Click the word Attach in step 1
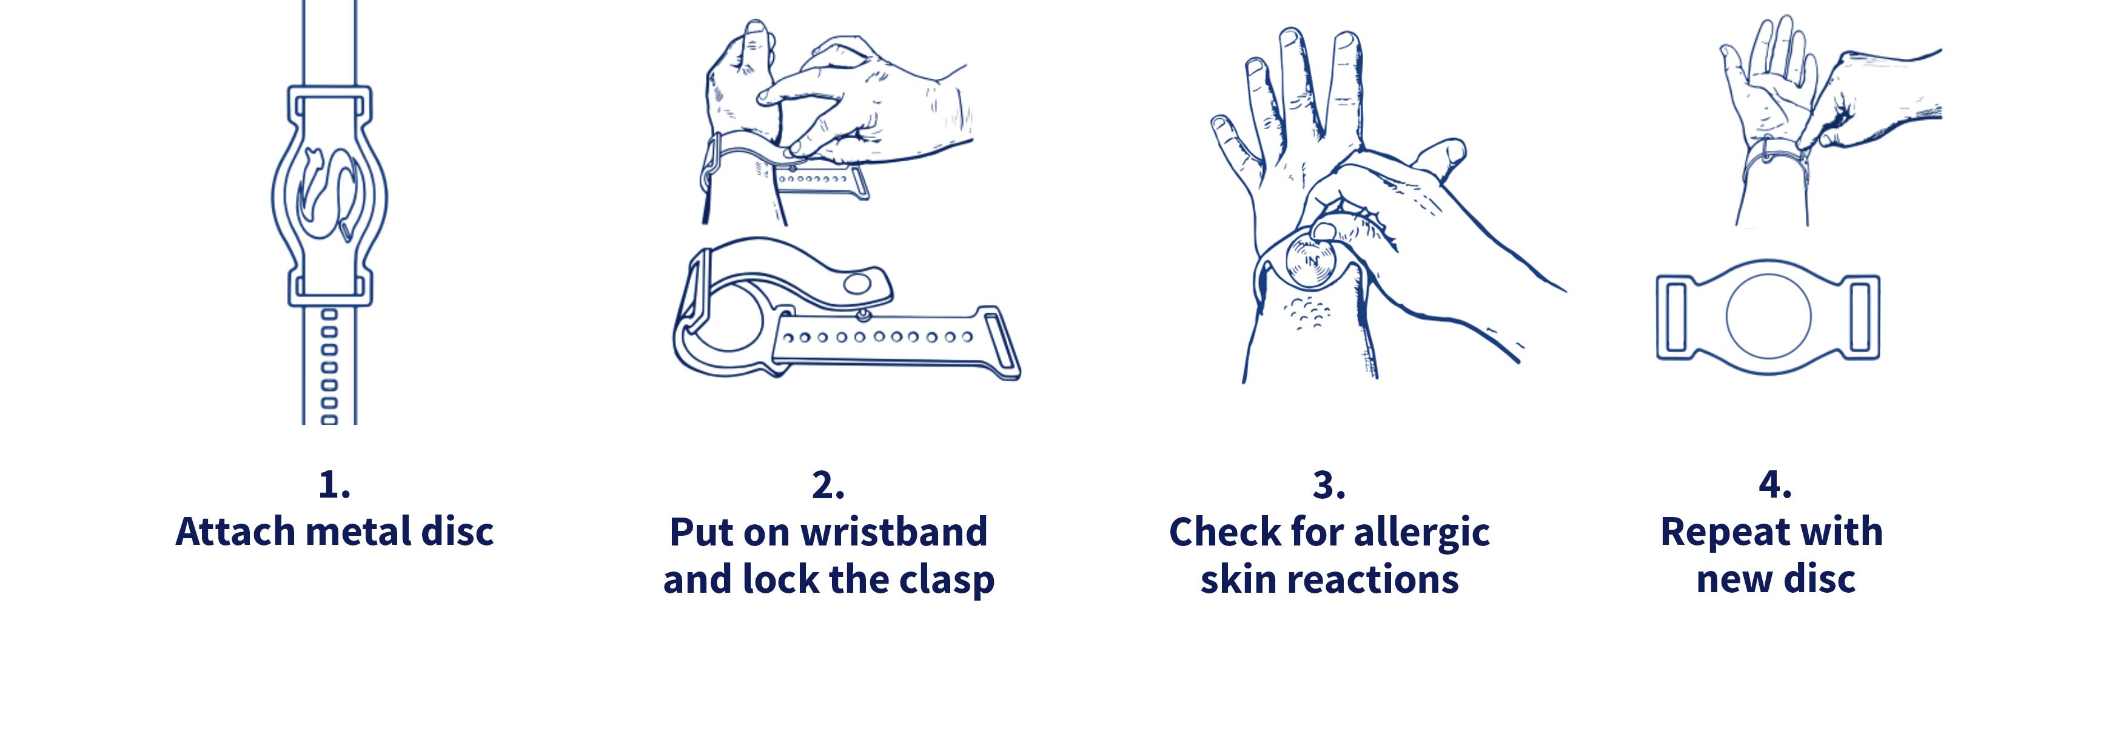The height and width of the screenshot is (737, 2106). click(235, 532)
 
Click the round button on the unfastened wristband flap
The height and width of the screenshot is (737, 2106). click(856, 284)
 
